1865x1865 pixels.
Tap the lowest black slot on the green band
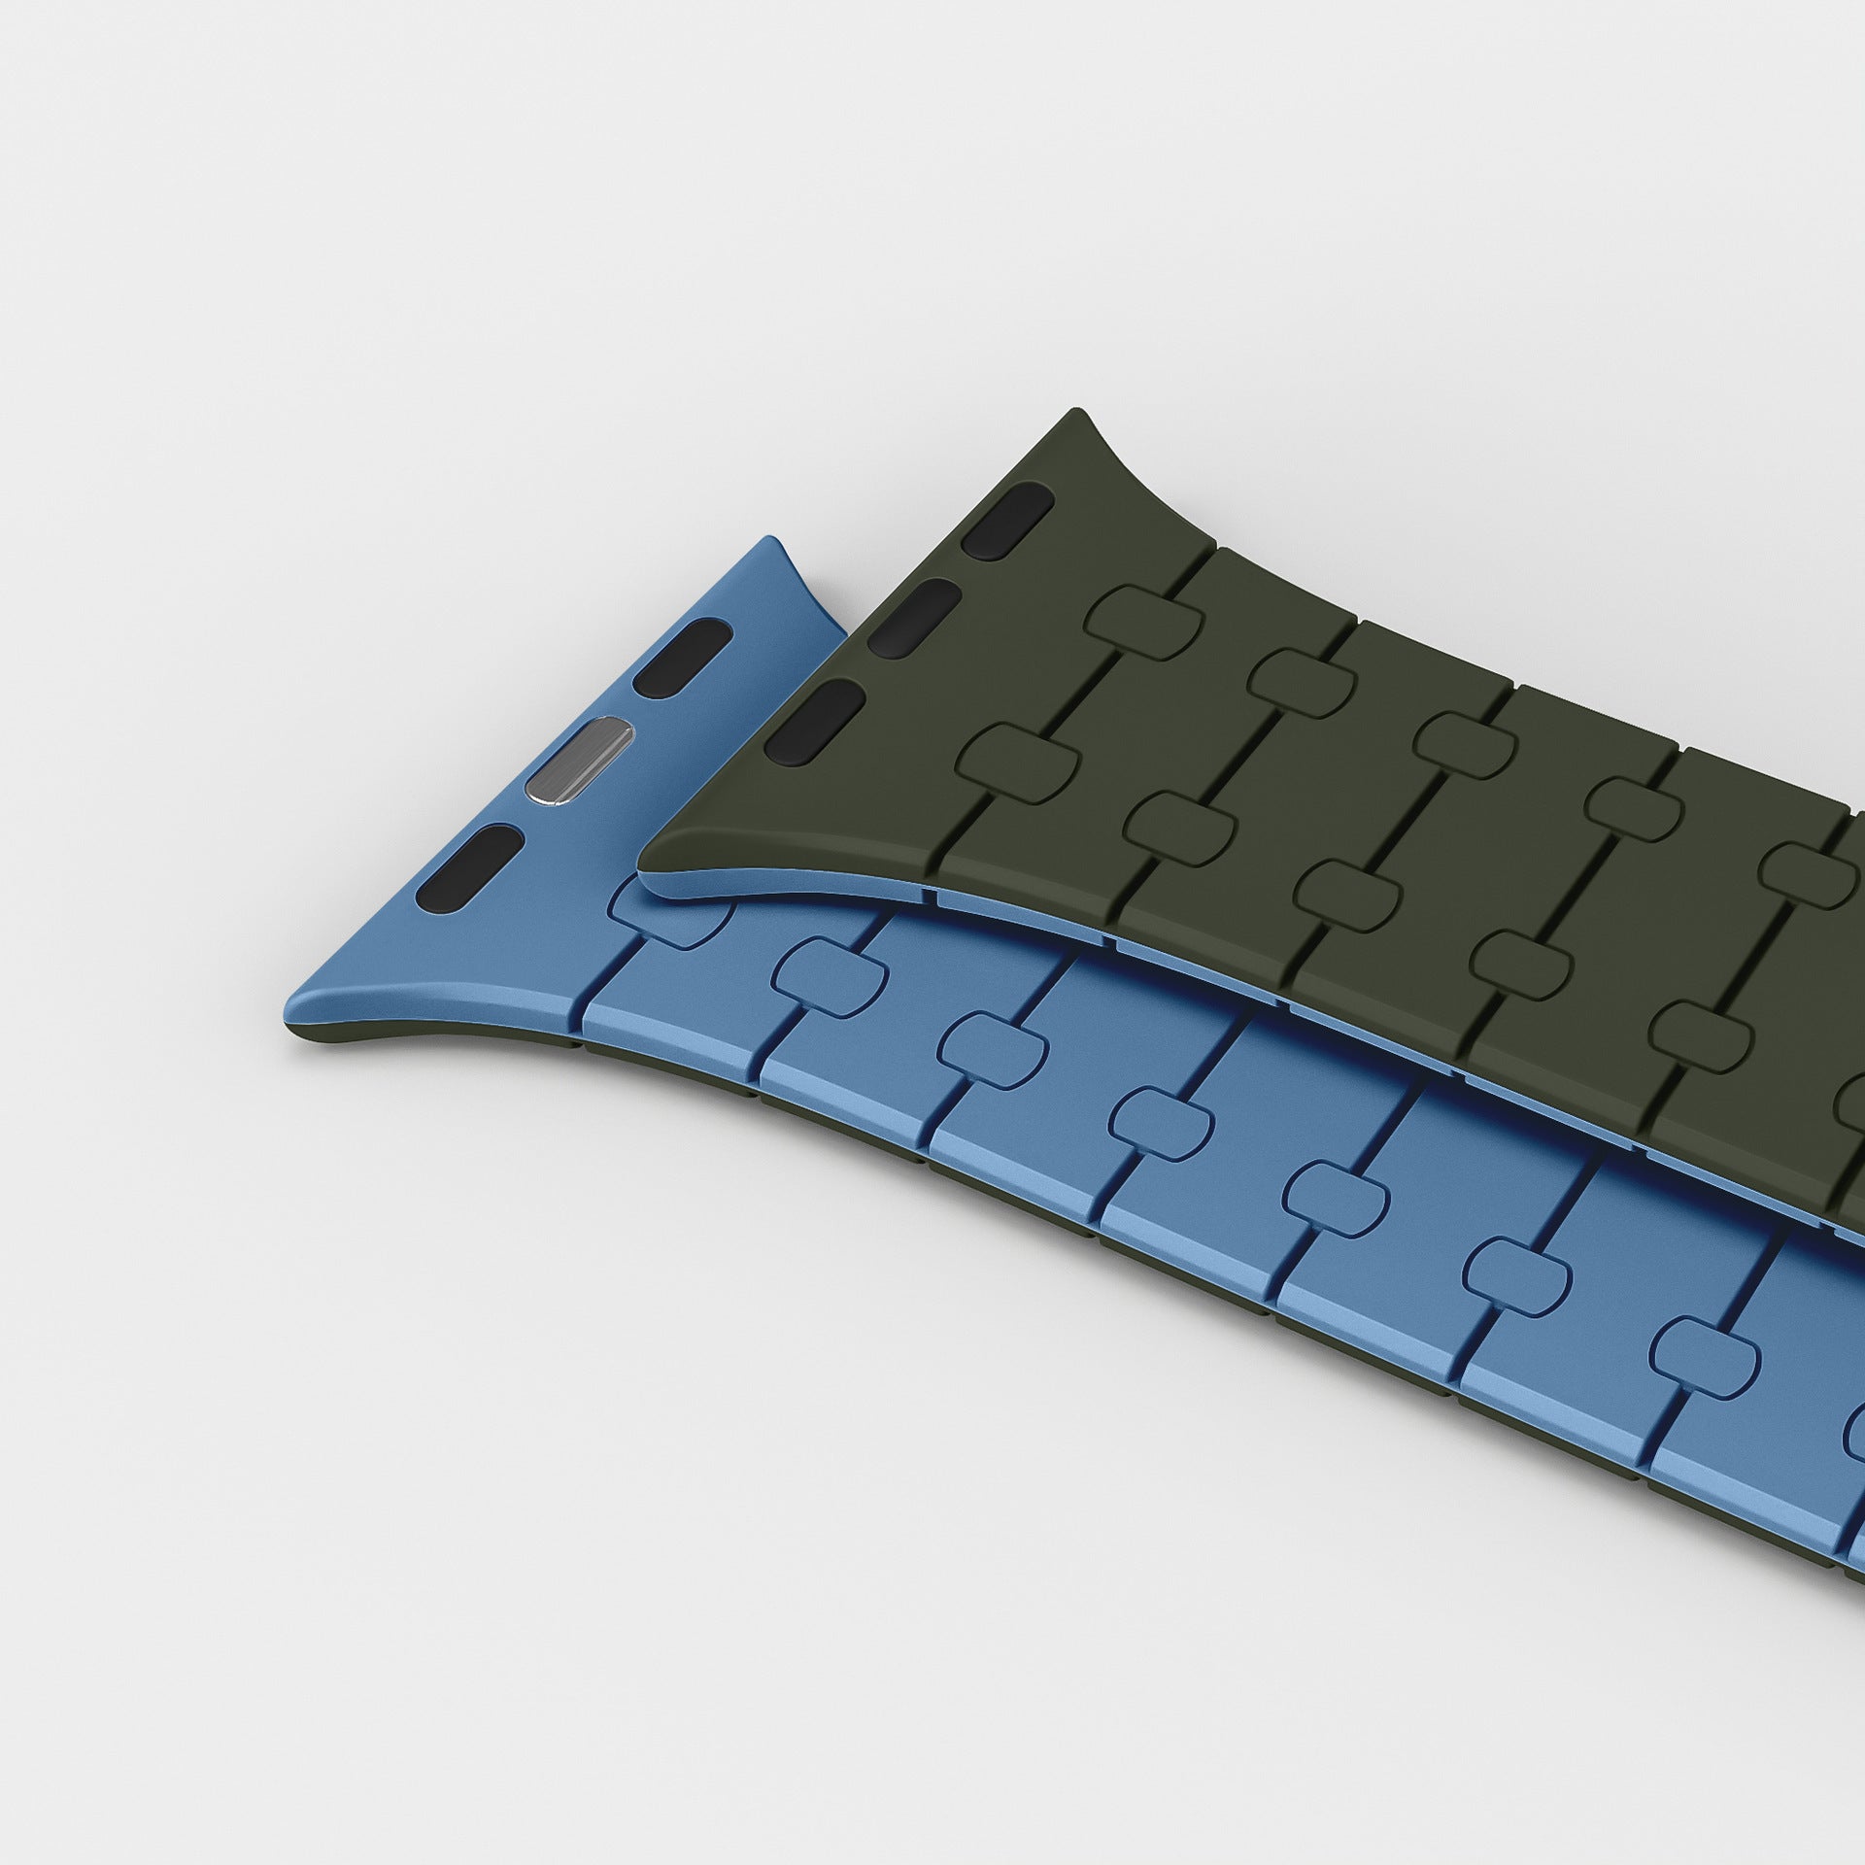point(814,720)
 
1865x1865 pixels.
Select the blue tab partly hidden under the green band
point(670,913)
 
